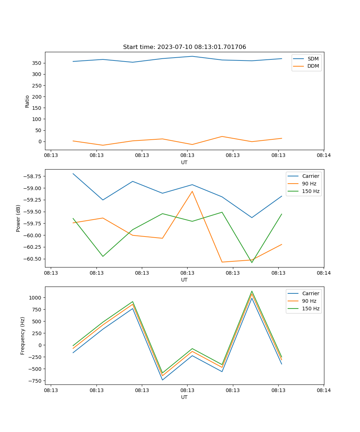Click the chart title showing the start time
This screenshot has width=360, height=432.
point(184,47)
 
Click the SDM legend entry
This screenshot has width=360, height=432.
point(313,59)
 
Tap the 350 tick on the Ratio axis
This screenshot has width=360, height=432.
point(37,63)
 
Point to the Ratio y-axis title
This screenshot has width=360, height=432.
point(27,101)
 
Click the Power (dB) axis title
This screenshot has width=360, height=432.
point(18,218)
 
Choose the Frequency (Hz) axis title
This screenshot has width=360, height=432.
point(23,336)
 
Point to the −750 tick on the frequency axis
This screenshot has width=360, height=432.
point(35,381)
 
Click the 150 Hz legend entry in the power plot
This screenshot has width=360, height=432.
point(311,191)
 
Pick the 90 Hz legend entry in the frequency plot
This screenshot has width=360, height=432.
point(309,301)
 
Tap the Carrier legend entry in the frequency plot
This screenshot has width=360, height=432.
point(310,293)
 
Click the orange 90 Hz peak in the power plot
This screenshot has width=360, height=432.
point(192,191)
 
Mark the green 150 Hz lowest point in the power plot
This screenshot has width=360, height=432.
point(252,262)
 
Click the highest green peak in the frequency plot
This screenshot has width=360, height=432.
point(252,291)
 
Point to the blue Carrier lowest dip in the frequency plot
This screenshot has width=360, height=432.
point(162,380)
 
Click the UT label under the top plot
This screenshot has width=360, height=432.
point(184,162)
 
